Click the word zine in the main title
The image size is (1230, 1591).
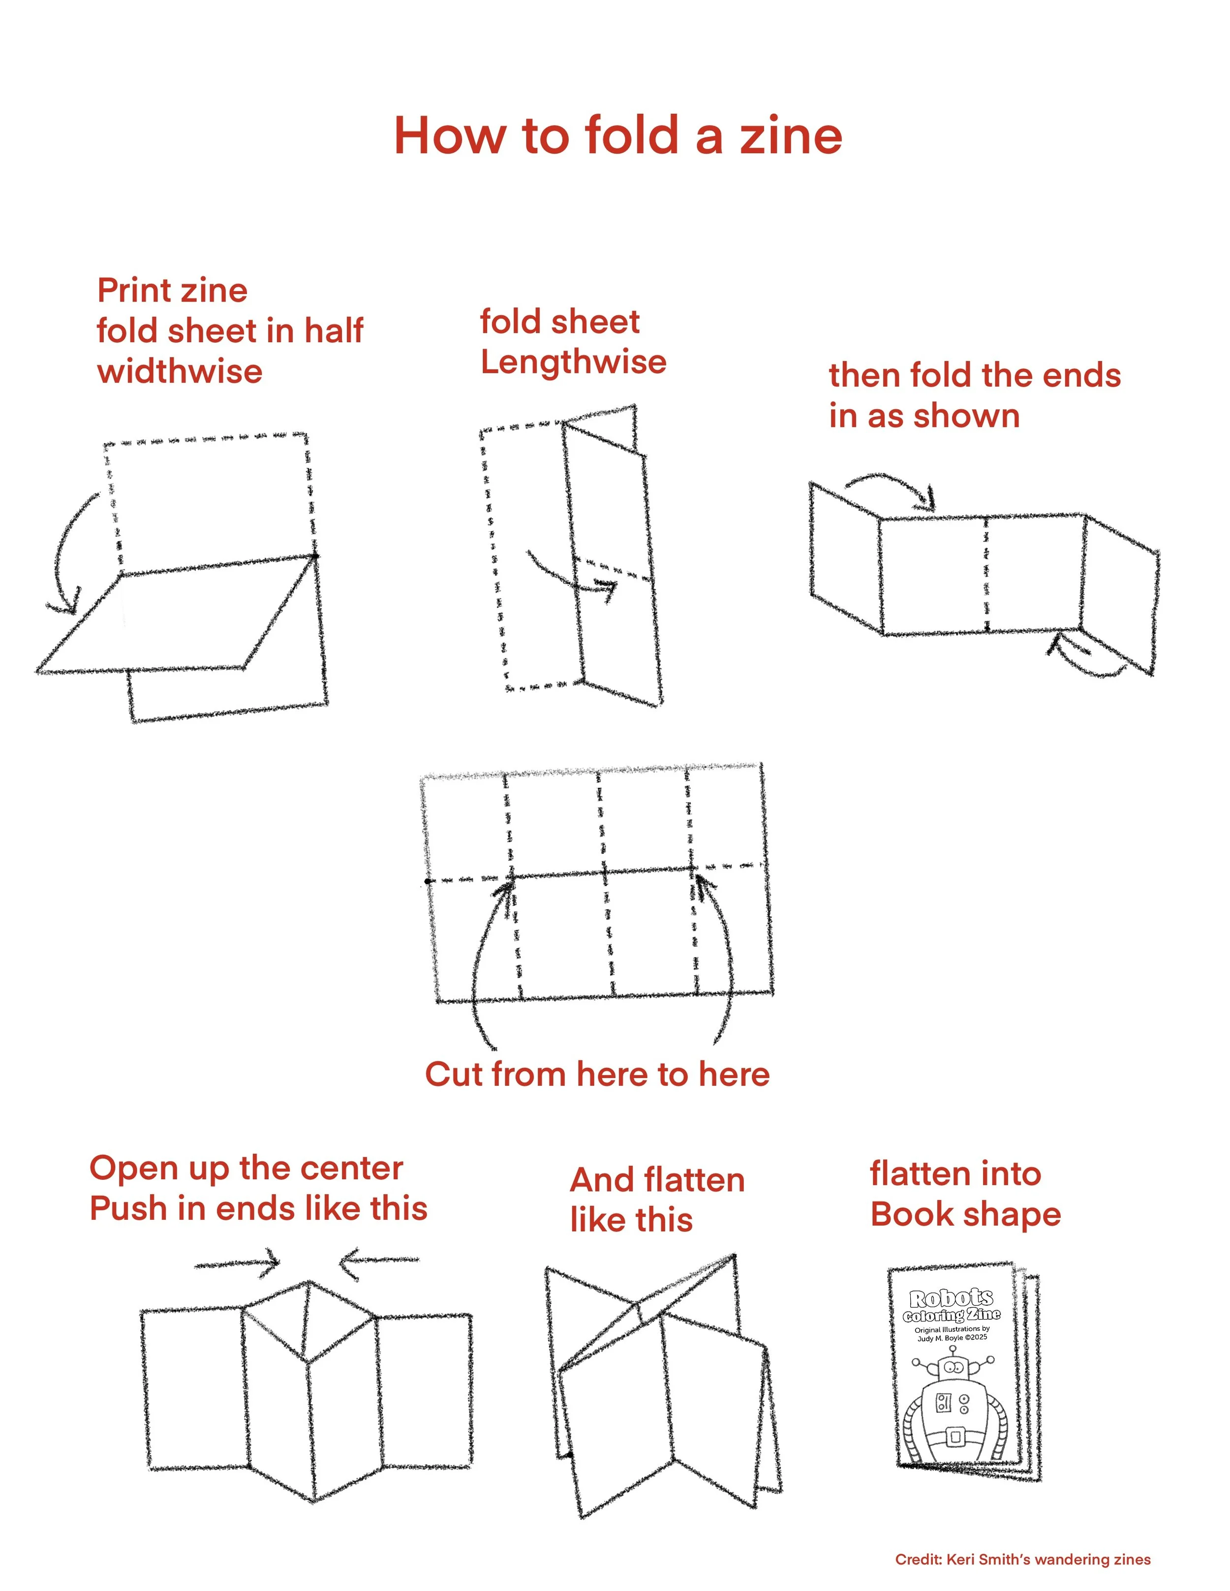coord(791,136)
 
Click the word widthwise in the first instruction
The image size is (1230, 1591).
coord(180,371)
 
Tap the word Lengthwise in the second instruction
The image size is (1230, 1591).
coord(574,362)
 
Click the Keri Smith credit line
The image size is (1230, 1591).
coord(1022,1560)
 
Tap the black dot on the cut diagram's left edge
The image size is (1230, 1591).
coord(428,881)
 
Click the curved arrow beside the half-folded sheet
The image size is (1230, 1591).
coord(64,554)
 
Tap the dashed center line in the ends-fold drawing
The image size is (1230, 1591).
coord(986,575)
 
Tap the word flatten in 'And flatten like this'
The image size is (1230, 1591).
coord(694,1180)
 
